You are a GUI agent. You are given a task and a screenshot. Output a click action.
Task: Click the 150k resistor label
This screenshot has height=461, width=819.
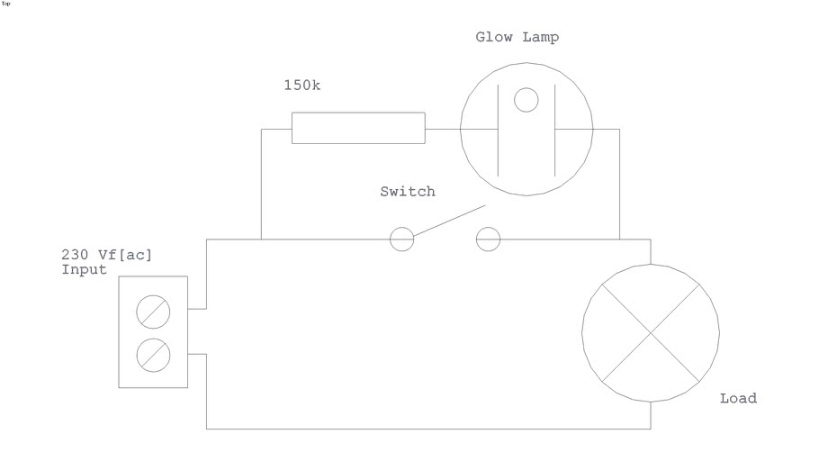[301, 86]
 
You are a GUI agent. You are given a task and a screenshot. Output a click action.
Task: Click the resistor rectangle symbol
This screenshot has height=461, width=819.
[358, 128]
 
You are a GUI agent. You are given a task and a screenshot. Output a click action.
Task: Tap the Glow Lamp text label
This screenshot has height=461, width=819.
[517, 37]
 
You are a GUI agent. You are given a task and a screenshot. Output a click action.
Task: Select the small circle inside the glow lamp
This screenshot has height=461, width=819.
[526, 100]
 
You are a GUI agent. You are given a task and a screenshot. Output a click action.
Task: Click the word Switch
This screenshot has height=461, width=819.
[407, 191]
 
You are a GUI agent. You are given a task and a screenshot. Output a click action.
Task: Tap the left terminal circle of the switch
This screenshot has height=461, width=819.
[400, 239]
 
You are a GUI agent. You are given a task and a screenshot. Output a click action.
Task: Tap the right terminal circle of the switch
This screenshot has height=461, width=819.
[487, 239]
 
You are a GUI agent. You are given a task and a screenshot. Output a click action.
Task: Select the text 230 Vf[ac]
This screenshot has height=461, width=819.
[106, 255]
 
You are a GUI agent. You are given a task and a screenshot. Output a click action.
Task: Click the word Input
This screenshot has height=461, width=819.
[84, 269]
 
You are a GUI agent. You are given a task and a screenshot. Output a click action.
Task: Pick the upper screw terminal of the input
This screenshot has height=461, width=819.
[153, 312]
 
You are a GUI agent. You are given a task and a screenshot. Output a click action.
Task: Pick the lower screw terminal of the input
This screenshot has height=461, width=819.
[153, 355]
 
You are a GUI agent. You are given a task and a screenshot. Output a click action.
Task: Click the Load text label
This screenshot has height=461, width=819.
[738, 398]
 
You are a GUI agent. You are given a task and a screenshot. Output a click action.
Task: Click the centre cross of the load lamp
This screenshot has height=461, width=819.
[650, 333]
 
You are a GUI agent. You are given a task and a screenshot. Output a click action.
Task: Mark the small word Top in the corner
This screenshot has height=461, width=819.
[6, 4]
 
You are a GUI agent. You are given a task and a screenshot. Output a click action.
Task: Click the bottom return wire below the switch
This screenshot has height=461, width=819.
[427, 429]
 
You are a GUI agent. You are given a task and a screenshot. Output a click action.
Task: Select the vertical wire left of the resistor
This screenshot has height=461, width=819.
[261, 185]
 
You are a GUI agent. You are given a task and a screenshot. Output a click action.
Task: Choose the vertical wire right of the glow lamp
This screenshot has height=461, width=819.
[619, 185]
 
